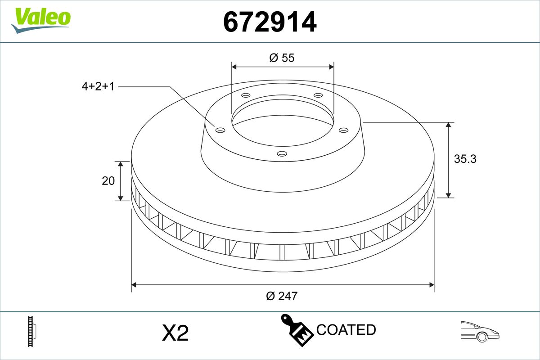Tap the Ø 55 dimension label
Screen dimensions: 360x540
click(x=282, y=58)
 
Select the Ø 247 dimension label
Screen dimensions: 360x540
click(x=282, y=296)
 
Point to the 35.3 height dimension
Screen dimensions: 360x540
click(x=465, y=159)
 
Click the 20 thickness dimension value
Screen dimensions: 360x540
click(x=108, y=181)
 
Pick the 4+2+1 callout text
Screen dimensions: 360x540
click(x=98, y=86)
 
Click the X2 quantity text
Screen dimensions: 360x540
click(x=175, y=333)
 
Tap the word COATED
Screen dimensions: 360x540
click(x=346, y=330)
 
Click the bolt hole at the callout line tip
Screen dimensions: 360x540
click(x=220, y=130)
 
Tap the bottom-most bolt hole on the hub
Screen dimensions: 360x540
click(x=282, y=154)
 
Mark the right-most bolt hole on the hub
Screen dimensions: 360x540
click(x=344, y=130)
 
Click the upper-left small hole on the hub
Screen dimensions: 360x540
click(x=245, y=95)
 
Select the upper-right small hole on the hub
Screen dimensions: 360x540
click(x=318, y=95)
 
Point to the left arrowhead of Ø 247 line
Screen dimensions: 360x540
click(x=134, y=284)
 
